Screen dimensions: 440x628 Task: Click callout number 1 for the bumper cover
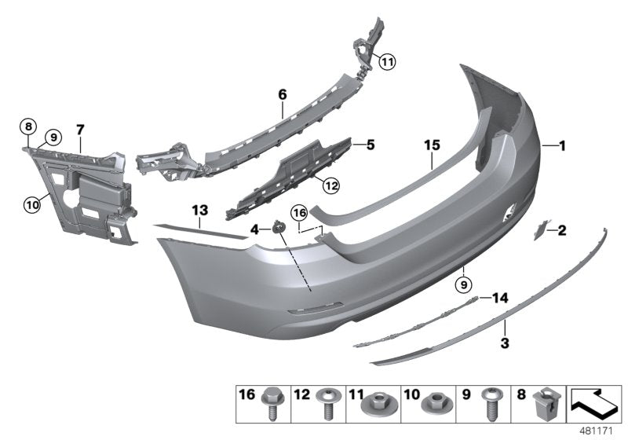point(562,145)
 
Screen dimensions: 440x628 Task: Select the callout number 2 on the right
point(562,230)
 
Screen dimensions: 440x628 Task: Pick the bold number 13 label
point(199,210)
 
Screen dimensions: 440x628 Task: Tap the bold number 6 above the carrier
point(283,94)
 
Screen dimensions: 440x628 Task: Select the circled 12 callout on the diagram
point(331,185)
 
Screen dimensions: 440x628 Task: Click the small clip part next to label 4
point(278,228)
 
